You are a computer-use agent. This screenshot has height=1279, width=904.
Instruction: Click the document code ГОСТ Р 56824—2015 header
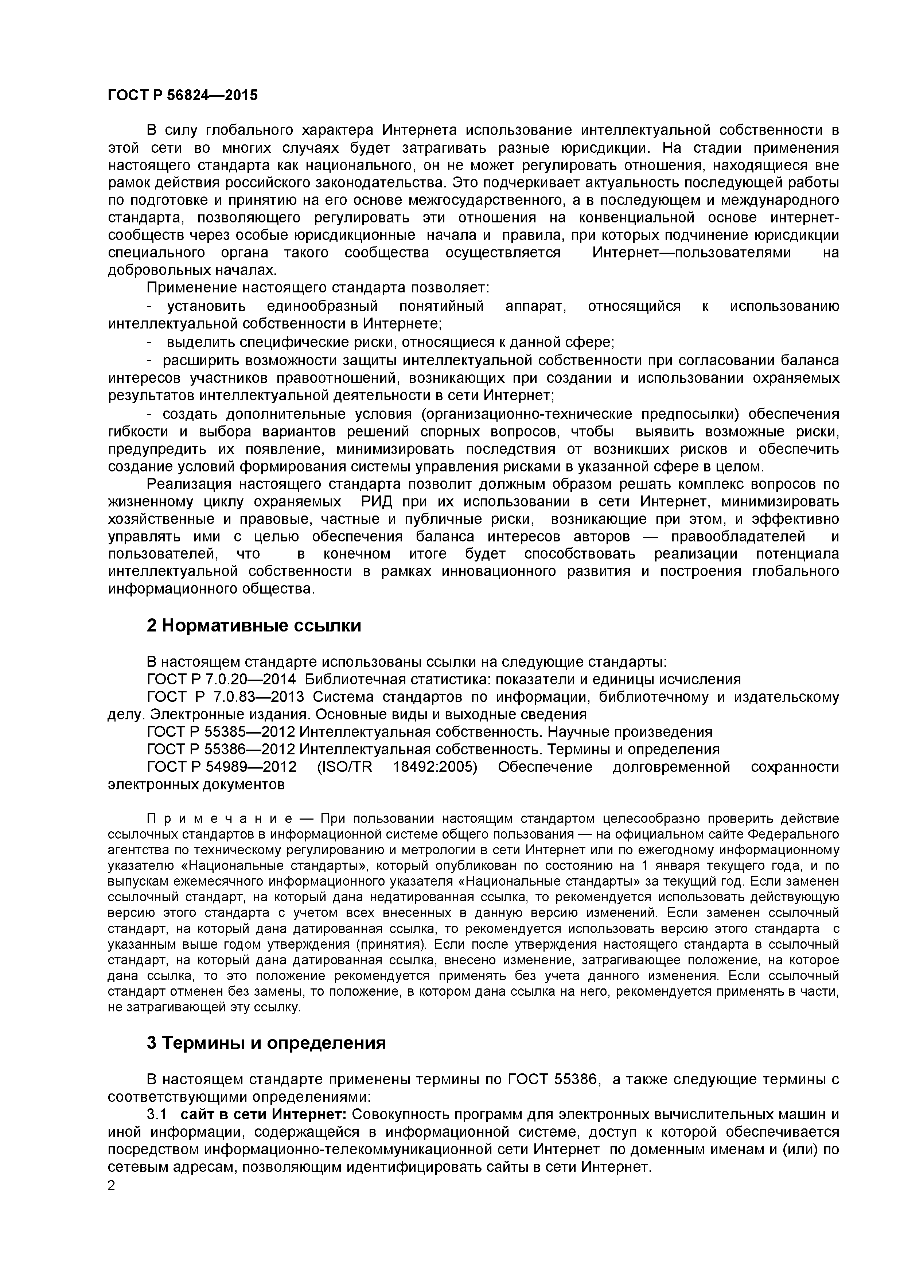point(183,95)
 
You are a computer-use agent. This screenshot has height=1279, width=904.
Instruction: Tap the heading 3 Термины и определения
point(266,1042)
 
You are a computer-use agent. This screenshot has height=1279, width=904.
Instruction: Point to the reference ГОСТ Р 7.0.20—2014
point(222,679)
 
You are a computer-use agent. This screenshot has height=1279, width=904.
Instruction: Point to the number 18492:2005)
point(435,767)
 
